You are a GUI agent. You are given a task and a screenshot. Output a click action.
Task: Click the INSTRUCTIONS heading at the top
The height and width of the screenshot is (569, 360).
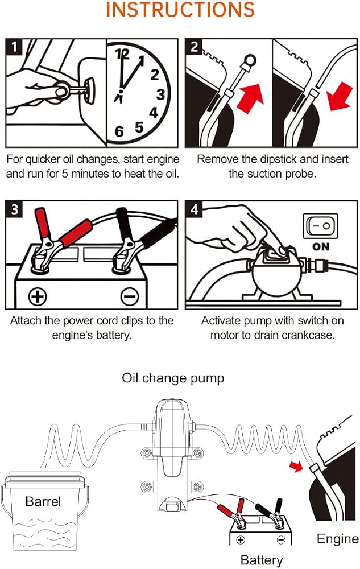[x=180, y=10]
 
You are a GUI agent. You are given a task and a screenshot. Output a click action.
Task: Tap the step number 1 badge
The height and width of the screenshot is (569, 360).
[x=14, y=47]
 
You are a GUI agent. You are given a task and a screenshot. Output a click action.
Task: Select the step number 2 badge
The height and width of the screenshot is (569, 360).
[x=195, y=47]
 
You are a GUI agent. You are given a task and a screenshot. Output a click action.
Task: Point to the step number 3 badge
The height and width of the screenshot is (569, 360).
[x=14, y=209]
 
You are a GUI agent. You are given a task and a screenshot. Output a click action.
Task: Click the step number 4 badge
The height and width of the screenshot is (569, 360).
[x=195, y=209]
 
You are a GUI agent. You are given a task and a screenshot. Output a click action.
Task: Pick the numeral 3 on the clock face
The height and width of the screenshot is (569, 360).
[x=160, y=94]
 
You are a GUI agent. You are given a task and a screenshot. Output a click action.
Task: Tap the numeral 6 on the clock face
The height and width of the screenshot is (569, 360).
[x=119, y=131]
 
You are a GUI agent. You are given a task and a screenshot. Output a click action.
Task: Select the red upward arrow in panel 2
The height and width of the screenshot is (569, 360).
[x=250, y=98]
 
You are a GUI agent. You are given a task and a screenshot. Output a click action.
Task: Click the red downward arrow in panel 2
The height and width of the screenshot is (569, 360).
[x=340, y=97]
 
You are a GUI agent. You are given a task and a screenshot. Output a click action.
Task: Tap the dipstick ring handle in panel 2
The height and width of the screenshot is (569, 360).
[x=250, y=61]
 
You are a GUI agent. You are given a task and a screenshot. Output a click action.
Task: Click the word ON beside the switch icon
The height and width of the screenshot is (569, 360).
[x=321, y=247]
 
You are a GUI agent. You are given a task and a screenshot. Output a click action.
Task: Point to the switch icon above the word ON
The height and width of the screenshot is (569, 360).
[x=321, y=226]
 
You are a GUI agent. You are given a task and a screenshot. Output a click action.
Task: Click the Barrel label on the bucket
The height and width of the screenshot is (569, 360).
[x=43, y=501]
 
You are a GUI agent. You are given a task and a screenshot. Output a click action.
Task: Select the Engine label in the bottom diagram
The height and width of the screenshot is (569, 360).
[x=337, y=539]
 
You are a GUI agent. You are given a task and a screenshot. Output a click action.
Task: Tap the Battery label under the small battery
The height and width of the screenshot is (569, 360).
[x=262, y=560]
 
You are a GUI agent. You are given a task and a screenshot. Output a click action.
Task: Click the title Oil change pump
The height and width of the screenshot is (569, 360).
[x=173, y=378]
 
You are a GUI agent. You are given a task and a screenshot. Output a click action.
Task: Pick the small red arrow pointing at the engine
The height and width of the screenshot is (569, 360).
[x=297, y=466]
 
